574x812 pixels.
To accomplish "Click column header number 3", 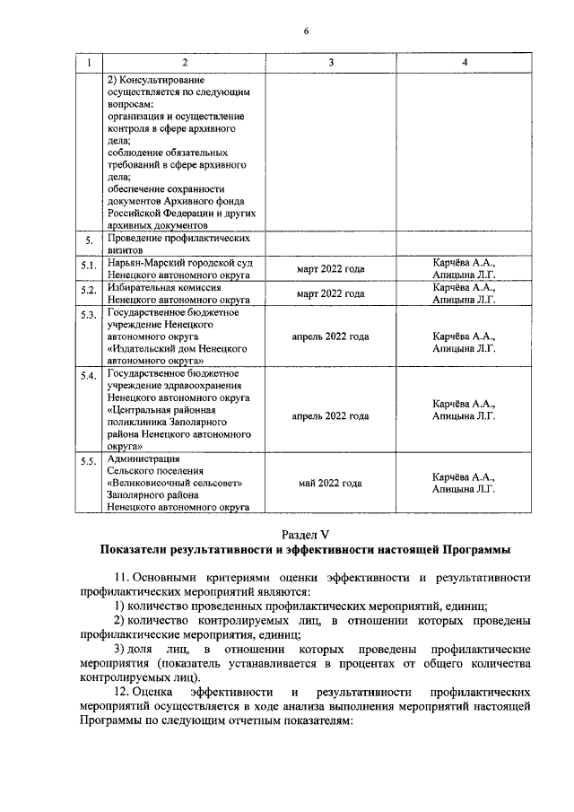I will [330, 62].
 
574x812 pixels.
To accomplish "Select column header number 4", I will [464, 62].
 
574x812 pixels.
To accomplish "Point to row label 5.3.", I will [88, 315].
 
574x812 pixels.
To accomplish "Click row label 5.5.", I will [88, 462].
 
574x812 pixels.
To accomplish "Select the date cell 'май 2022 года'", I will [330, 483].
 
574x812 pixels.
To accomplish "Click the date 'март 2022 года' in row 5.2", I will [330, 293].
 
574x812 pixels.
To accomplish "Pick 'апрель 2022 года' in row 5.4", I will [330, 415].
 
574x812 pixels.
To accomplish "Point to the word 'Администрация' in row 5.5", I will [143, 458].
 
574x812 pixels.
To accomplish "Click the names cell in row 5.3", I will [464, 343].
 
